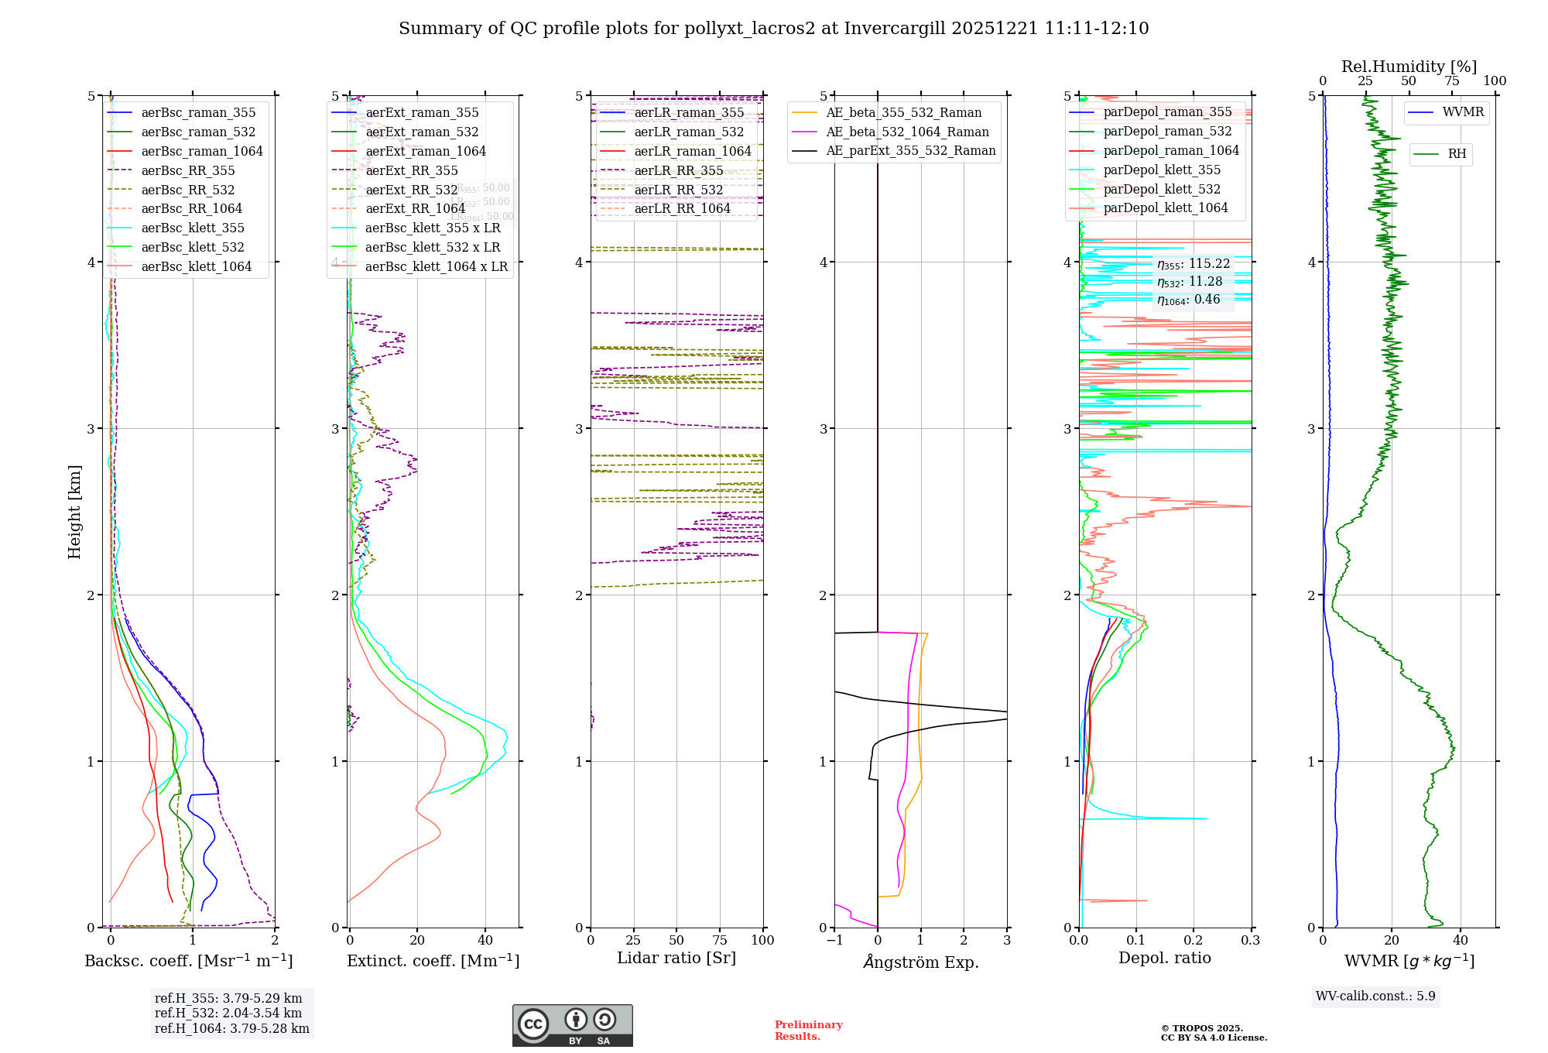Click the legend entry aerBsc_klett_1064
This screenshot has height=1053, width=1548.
point(196,266)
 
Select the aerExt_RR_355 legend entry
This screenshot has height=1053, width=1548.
point(411,170)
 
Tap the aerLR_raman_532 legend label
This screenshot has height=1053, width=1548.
point(688,132)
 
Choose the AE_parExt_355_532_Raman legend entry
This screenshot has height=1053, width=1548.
point(910,150)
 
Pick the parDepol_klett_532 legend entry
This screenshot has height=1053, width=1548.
point(1161,189)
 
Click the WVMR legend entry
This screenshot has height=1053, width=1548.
point(1462,112)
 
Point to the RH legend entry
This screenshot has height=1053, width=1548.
point(1457,154)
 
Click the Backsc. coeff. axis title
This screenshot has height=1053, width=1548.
point(188,961)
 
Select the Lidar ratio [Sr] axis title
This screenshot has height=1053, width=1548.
point(676,958)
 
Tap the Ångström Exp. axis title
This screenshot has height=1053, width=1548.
point(920,962)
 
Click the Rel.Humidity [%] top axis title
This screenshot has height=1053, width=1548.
point(1409,67)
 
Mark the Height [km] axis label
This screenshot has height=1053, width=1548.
point(74,511)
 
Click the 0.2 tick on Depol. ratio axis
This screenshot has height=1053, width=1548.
point(1193,941)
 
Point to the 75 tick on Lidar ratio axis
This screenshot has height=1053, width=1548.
point(720,941)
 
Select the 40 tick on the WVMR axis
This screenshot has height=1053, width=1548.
point(1460,941)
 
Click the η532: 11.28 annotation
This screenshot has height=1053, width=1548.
point(1190,282)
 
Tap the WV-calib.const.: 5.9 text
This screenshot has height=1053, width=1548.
point(1375,996)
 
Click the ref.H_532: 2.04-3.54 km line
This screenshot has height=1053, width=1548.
point(228,1013)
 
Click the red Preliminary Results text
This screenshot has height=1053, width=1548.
point(808,1031)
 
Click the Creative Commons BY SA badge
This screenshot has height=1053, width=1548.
point(572,1025)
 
